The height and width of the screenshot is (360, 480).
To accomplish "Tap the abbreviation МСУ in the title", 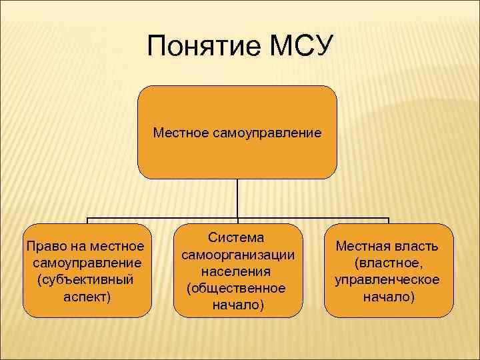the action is point(299,48).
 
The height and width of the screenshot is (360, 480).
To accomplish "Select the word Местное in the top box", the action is point(181,133).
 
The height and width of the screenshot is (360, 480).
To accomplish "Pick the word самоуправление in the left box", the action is point(86,263).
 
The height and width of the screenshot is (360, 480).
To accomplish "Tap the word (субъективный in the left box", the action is point(86,279).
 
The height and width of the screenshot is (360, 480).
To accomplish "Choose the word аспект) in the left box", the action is point(86,295).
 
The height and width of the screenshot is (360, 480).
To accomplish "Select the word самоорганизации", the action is point(237,255).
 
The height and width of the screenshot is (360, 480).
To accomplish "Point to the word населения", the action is point(237,272).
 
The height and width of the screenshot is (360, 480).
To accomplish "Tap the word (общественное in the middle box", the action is point(237,289).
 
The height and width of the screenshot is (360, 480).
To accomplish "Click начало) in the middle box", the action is point(237,305).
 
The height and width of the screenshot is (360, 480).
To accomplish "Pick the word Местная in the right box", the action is point(362,247).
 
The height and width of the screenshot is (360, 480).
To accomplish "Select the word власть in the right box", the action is point(416,247).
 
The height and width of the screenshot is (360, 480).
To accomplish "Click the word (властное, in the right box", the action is point(388,263).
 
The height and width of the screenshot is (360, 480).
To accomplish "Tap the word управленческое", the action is point(388,279).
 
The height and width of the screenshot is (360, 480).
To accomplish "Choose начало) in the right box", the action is point(388,296).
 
